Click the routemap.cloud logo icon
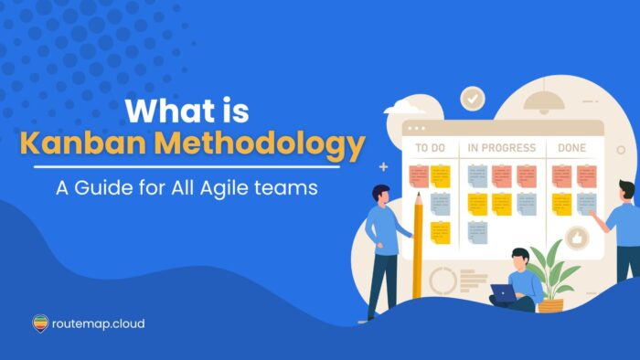(40, 323)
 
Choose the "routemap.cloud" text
(98, 323)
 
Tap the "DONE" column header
(572, 147)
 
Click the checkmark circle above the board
(472, 98)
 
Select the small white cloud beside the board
(403, 110)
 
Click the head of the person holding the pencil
(381, 193)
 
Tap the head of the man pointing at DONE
(626, 190)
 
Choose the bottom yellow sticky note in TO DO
(441, 232)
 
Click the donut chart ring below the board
(443, 280)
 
